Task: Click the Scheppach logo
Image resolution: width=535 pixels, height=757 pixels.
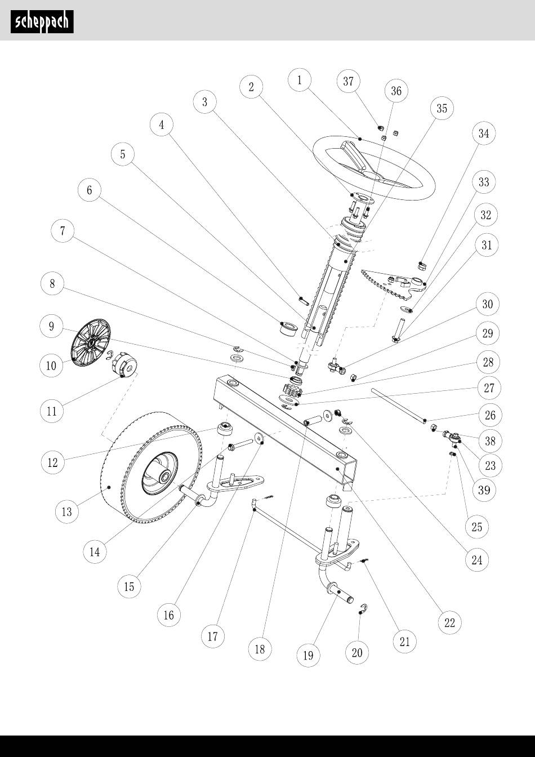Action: pyautogui.click(x=42, y=21)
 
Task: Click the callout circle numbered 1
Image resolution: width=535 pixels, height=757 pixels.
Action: pyautogui.click(x=300, y=80)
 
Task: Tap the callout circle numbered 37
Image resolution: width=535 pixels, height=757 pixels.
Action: pyautogui.click(x=349, y=81)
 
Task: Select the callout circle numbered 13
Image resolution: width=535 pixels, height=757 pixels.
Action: pyautogui.click(x=67, y=511)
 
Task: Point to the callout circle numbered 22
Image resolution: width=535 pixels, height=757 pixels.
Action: pyautogui.click(x=449, y=622)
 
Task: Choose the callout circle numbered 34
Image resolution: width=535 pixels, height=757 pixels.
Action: pyautogui.click(x=483, y=133)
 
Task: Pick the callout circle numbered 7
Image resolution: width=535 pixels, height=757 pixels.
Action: pyautogui.click(x=63, y=231)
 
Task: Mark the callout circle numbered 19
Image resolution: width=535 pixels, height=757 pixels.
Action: pyautogui.click(x=309, y=655)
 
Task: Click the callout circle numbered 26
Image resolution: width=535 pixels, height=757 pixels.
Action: pyautogui.click(x=490, y=415)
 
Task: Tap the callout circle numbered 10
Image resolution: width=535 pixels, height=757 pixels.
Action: pyautogui.click(x=51, y=366)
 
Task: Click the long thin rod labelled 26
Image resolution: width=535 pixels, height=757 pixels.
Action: pyautogui.click(x=397, y=404)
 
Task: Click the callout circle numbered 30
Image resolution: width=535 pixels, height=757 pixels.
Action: pyautogui.click(x=488, y=304)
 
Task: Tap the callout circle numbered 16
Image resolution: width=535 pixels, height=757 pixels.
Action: pyautogui.click(x=169, y=614)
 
